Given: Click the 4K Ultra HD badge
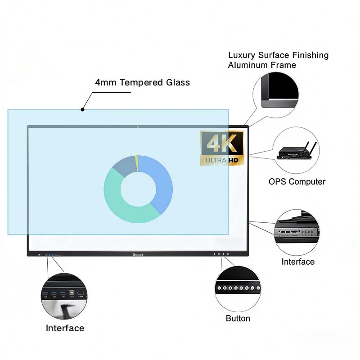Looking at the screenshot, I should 222,148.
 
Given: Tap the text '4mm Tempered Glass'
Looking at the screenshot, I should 142,82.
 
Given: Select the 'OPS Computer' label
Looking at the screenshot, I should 297,182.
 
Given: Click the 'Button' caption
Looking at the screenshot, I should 238,319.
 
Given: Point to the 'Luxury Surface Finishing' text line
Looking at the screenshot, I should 278,55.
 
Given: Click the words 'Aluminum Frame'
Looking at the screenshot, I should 262,65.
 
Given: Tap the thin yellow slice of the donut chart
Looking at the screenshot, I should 137,162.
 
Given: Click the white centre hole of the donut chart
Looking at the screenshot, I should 138,189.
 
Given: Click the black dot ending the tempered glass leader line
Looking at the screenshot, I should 82,109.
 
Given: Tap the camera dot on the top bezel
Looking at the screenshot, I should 138,126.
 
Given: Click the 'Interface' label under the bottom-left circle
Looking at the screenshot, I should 65,328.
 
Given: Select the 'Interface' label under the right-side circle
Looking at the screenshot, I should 298,262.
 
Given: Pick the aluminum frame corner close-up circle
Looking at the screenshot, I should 275,90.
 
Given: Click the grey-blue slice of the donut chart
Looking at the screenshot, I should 125,166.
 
